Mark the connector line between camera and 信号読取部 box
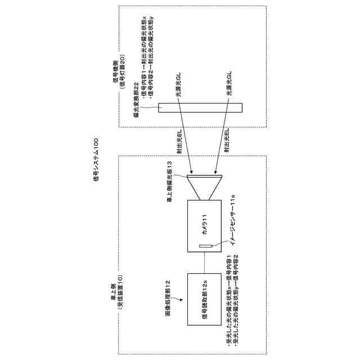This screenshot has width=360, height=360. [205, 264]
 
